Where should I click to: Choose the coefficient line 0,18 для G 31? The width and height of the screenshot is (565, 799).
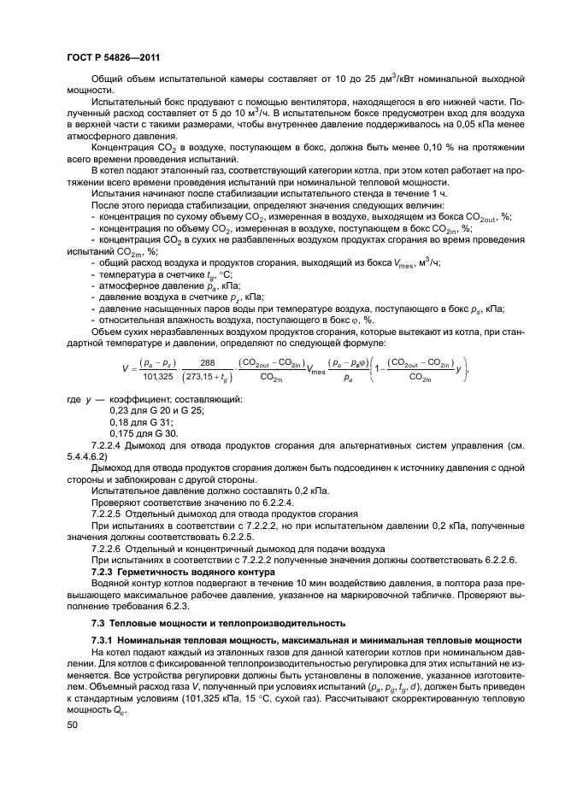(x=142, y=422)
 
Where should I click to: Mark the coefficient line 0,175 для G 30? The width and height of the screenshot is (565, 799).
(x=144, y=433)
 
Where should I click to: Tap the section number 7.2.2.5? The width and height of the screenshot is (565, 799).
(x=109, y=514)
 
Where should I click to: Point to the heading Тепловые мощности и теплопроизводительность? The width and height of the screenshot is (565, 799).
(x=229, y=622)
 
